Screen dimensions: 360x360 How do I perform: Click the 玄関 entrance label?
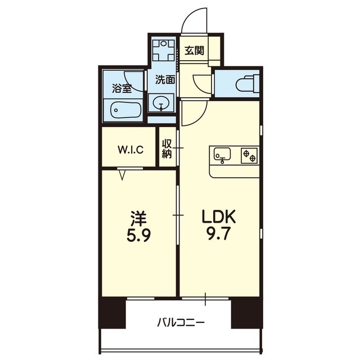tap(194, 51)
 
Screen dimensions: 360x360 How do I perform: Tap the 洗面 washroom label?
tap(165, 79)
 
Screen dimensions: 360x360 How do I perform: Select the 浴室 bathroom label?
tap(122, 89)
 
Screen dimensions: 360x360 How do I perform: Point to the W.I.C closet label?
tap(130, 150)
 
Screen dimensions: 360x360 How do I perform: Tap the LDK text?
tap(219, 217)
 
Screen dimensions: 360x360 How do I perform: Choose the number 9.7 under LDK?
tap(218, 235)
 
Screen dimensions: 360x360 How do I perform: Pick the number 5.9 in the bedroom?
tap(139, 235)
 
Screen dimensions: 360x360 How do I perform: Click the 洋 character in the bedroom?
tap(139, 218)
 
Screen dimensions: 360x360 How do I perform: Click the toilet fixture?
tap(247, 84)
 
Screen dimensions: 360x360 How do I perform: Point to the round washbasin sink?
tap(161, 103)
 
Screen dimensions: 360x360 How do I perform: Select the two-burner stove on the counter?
tap(249, 155)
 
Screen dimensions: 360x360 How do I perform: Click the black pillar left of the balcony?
tap(112, 313)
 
